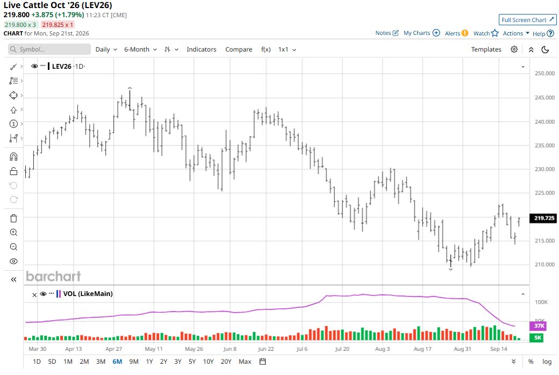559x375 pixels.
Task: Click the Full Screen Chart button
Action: coord(528,20)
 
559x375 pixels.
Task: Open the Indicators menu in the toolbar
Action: coord(202,49)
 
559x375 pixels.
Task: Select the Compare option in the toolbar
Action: coord(239,49)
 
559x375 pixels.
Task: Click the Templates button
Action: coord(486,49)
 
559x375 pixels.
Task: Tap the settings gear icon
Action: coord(514,49)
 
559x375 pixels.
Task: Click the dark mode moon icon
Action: coord(545,49)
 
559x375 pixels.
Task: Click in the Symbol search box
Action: coord(49,49)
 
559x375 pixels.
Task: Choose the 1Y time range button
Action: coord(149,362)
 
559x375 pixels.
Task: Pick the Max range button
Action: coord(245,362)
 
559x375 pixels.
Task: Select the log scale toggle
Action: coord(547,362)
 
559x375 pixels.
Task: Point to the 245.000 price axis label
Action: coord(544,97)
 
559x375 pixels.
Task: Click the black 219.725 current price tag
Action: coord(544,218)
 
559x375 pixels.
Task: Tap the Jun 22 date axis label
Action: coord(266,349)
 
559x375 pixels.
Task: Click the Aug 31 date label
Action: coord(462,349)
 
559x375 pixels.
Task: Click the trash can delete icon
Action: coord(13,218)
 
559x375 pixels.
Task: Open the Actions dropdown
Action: coord(516,33)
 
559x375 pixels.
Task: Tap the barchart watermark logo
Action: coord(53,276)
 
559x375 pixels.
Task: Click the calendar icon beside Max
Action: coord(263,362)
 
